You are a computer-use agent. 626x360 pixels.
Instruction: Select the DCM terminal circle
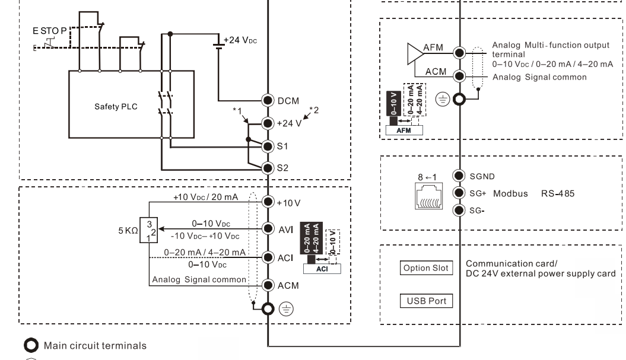[x=268, y=101]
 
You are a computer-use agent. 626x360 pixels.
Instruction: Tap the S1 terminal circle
[x=268, y=145]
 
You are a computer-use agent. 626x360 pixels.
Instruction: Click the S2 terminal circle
[x=268, y=168]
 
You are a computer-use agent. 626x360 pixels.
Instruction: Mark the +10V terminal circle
[x=268, y=202]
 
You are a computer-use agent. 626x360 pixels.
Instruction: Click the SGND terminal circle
[x=458, y=176]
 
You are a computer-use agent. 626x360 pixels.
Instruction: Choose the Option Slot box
[x=424, y=267]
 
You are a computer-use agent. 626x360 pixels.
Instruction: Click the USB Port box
[x=424, y=301]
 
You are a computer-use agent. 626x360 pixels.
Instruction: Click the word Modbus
[x=510, y=193]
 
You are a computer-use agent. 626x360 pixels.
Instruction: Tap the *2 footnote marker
[x=314, y=111]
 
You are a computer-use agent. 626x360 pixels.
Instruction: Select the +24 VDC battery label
[x=241, y=40]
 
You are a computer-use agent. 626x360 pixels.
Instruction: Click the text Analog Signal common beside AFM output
[x=539, y=77]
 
